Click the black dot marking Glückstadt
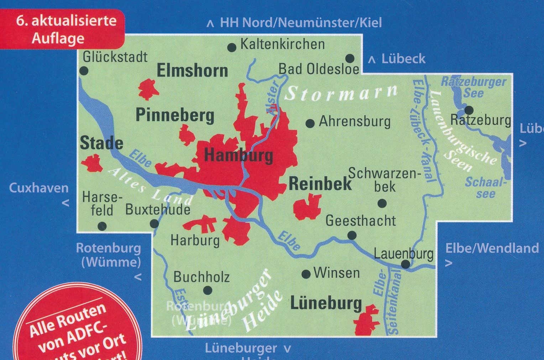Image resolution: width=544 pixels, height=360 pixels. tap(84, 71)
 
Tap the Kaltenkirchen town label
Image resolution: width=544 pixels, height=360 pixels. tap(282, 44)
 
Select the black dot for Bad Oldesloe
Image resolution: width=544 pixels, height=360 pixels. tap(350, 58)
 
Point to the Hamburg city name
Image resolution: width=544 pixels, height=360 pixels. tap(239, 155)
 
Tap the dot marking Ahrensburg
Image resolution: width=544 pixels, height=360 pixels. tap(310, 123)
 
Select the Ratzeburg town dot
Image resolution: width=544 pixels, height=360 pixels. tap(469, 110)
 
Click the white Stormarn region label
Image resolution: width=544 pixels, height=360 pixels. tap(341, 93)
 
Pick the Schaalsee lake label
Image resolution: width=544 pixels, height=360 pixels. tap(485, 188)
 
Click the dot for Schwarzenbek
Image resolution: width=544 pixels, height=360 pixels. tap(382, 203)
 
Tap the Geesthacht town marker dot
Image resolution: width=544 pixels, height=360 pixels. tap(352, 235)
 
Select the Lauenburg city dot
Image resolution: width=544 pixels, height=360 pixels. tap(406, 264)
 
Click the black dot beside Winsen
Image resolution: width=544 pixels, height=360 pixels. tap(306, 274)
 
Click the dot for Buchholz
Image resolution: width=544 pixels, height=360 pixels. tap(208, 290)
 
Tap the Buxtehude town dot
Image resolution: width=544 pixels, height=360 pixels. tap(154, 223)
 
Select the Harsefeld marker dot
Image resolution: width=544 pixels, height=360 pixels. tap(102, 226)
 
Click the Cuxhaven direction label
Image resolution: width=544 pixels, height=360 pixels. tap(38, 188)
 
